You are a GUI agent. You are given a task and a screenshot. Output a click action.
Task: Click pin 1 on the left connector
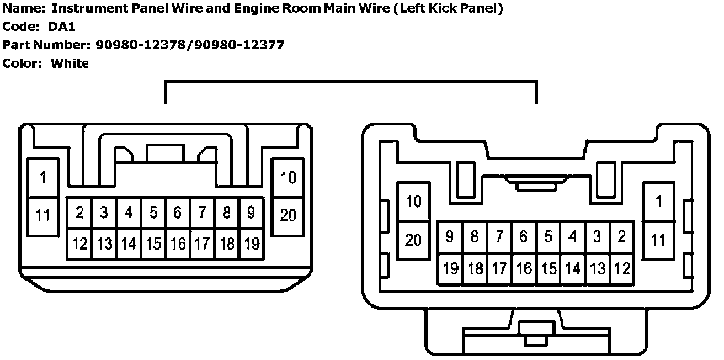coord(42,178)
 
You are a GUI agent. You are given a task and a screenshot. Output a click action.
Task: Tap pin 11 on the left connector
coord(42,215)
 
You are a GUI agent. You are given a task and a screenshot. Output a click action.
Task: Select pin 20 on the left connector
coord(288,215)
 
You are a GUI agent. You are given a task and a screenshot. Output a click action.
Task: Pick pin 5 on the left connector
coord(153,213)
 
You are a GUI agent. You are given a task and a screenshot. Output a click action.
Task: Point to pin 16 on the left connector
coord(178,243)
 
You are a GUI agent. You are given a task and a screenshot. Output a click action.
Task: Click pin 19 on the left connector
coord(252,243)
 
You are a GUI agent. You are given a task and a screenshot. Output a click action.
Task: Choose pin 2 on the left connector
coord(80,213)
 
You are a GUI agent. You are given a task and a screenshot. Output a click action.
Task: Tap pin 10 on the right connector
coord(413,202)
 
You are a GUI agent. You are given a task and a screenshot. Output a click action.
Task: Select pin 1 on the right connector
coord(658,202)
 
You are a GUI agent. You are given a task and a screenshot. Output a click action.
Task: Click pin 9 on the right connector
coord(450,237)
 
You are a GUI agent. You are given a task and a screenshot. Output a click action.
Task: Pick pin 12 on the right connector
coord(622,269)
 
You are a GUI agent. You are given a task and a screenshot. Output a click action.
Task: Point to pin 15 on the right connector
coord(548,269)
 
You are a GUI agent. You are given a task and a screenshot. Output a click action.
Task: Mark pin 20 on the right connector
coord(413,240)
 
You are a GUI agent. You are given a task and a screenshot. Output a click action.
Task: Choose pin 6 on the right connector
coord(524,237)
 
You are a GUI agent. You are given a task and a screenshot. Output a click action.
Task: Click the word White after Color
coord(69,63)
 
